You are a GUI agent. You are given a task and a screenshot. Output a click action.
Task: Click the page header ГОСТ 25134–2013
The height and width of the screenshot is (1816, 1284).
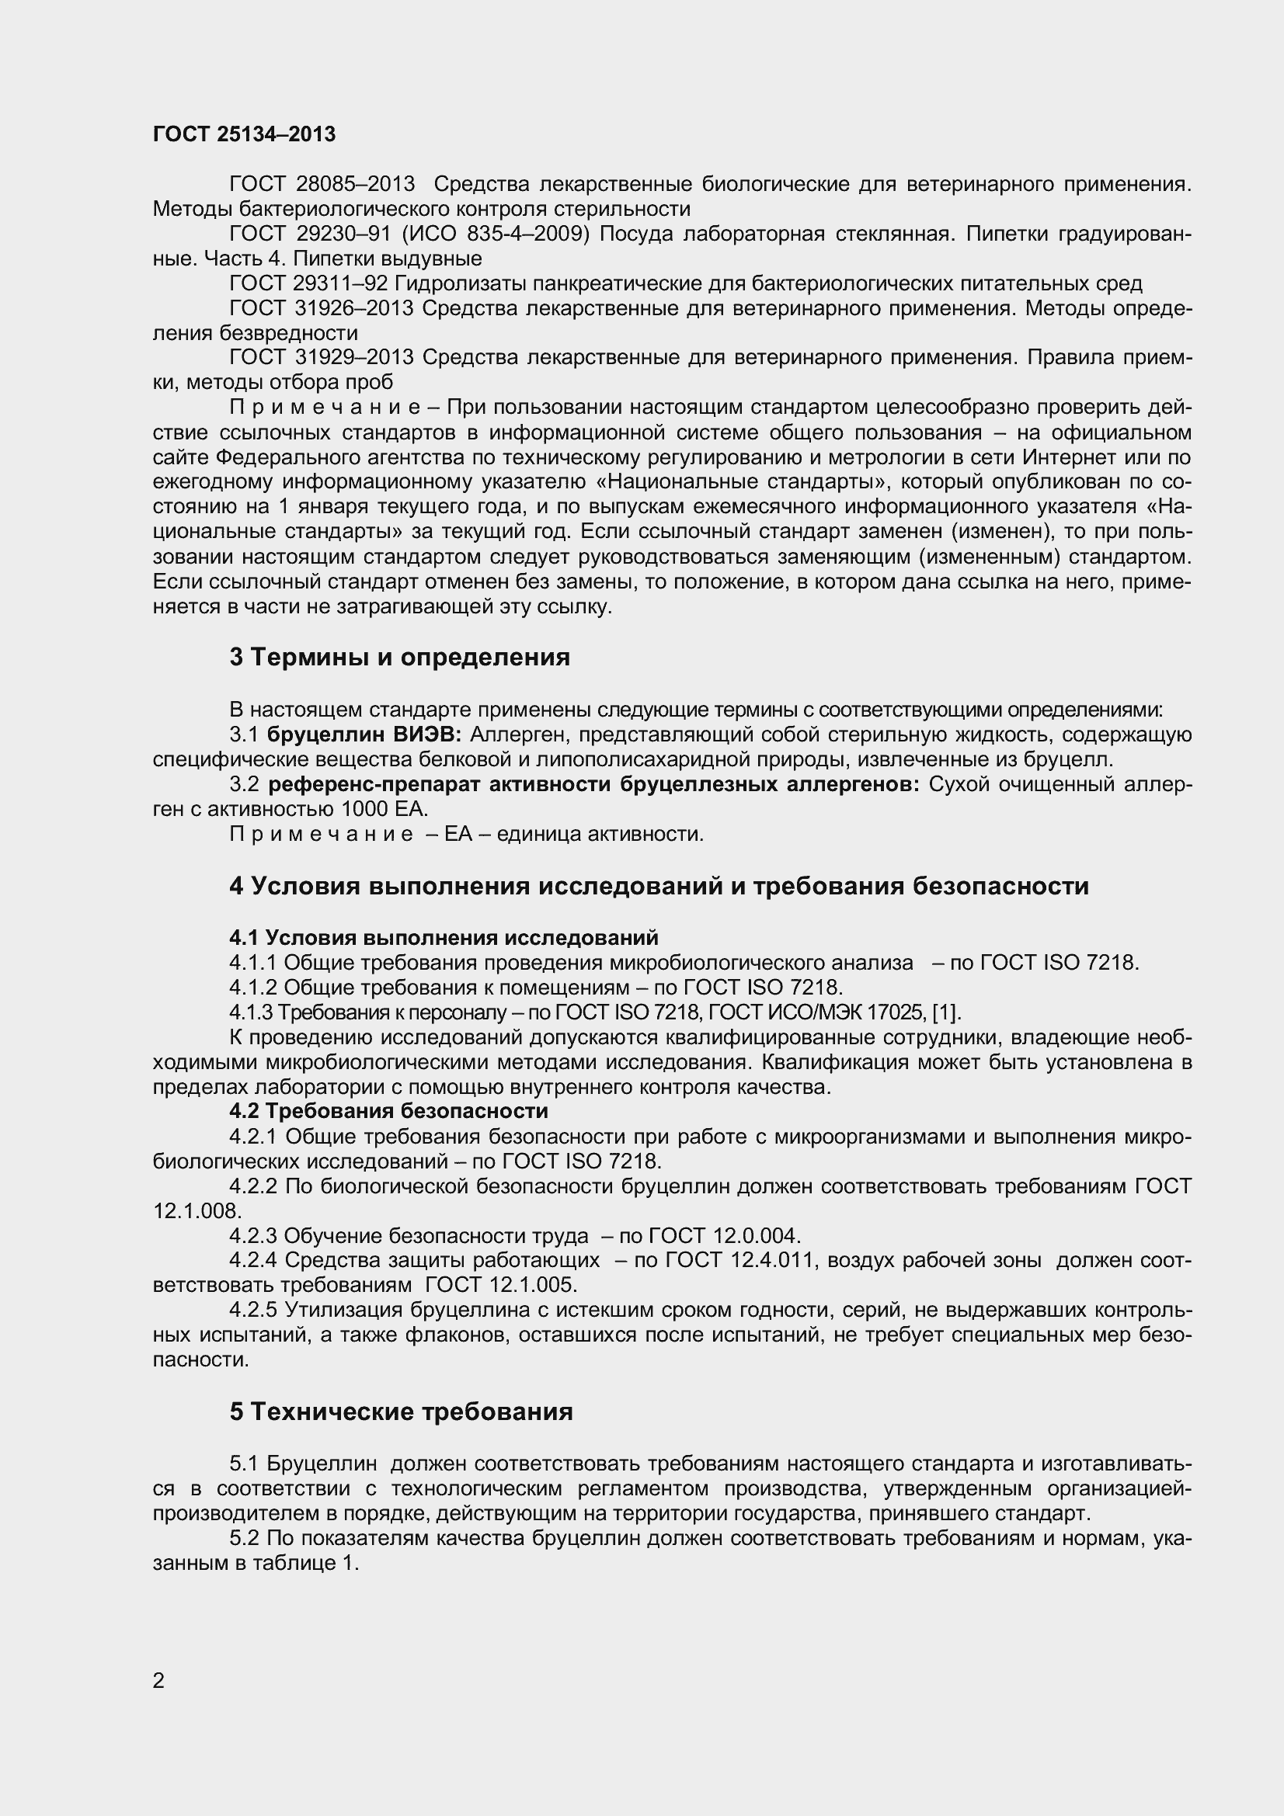(x=244, y=134)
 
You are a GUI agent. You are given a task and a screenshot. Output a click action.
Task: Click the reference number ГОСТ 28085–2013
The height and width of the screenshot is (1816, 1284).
(x=322, y=184)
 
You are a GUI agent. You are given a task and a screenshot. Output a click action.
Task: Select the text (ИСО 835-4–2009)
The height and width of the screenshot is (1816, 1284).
(x=496, y=234)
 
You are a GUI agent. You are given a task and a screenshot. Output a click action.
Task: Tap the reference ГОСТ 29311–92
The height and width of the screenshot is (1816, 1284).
(x=308, y=283)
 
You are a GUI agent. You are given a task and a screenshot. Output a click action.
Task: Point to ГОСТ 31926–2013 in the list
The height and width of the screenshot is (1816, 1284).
(x=322, y=308)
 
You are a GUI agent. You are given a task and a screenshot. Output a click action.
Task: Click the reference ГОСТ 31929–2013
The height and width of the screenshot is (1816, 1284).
(x=322, y=357)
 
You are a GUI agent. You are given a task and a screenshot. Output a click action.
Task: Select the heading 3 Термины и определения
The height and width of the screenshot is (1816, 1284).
(x=399, y=658)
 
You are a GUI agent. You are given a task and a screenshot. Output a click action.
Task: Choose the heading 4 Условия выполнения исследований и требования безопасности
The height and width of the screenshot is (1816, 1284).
(x=659, y=886)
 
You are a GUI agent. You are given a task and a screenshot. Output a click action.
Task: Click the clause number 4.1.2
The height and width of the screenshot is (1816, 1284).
(x=253, y=987)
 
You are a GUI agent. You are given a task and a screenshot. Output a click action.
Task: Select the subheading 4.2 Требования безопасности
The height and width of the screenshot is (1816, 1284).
(x=388, y=1111)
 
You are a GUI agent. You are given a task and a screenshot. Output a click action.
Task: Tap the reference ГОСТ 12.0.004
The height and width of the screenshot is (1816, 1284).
(x=724, y=1235)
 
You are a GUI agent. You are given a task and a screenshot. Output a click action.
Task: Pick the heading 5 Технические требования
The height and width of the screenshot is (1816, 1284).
(x=401, y=1411)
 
